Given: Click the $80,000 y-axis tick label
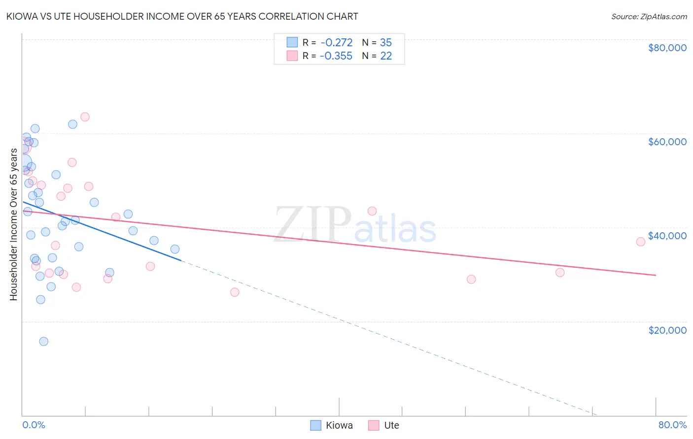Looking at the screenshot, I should coord(667,48).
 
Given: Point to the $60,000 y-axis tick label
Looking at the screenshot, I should coord(667,142).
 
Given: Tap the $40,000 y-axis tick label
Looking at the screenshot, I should coord(667,236).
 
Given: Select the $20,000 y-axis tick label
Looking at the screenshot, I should coord(667,330).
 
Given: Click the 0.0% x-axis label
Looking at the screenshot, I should coord(34,425).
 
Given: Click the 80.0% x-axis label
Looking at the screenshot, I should coord(672,425).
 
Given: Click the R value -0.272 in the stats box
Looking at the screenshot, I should coord(336,43).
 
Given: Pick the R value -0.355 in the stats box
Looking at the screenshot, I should coord(336,56).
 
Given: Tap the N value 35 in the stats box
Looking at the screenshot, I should coord(386,43).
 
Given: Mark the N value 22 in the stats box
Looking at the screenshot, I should coord(386,56).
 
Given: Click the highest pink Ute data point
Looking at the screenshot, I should coord(85,117).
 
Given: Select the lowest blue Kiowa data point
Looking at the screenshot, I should coord(43,342).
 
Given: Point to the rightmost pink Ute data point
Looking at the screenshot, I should coord(641,242).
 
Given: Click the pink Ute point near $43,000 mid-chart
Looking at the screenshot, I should coord(372,211).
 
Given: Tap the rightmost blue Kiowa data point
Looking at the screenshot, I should coord(175,249).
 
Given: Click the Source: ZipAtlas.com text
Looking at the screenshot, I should coord(649,17).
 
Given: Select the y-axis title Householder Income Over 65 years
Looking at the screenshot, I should coord(14,224).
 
